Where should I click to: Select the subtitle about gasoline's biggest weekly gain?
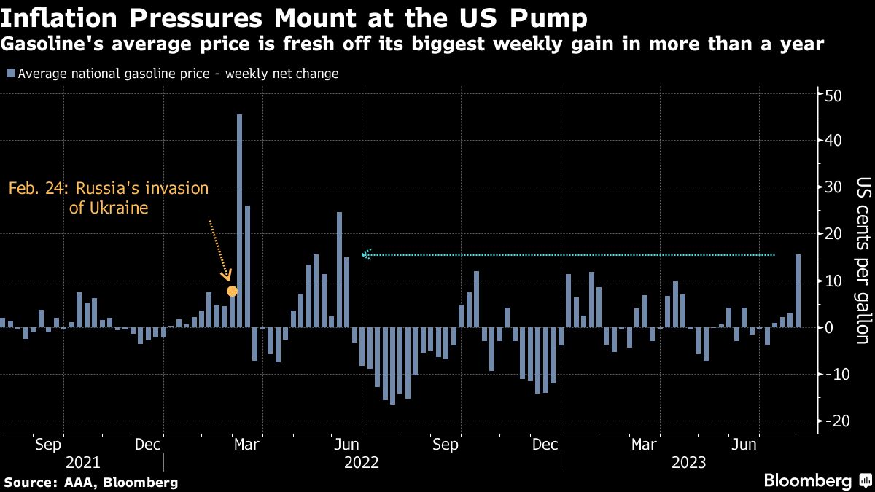click(413, 44)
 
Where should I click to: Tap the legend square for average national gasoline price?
click(10, 74)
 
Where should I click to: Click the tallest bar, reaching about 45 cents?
click(239, 219)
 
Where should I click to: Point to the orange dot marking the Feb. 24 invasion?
click(232, 292)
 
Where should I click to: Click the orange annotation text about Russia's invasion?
click(109, 198)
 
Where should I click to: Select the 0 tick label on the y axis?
click(829, 328)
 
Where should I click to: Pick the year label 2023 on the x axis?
click(688, 462)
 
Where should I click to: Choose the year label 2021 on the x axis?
click(83, 462)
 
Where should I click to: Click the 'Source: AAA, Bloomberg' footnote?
click(91, 483)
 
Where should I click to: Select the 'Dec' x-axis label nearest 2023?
click(546, 443)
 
